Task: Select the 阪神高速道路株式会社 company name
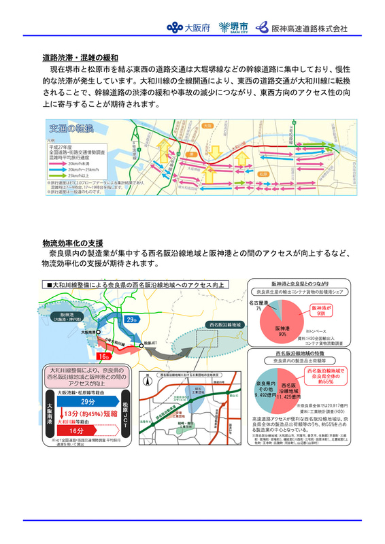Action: click(302, 29)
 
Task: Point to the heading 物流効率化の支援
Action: click(72, 242)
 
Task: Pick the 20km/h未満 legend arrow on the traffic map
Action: click(54, 164)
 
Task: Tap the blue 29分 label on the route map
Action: click(131, 320)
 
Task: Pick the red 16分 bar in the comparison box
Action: click(90, 431)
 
